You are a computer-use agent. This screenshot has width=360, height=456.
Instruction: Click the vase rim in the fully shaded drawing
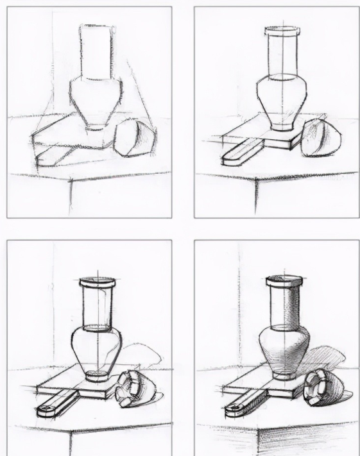[x=283, y=280]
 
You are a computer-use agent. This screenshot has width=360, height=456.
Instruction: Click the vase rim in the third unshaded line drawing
[x=96, y=281]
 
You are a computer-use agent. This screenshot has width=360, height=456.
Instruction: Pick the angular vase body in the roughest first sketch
[x=95, y=101]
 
